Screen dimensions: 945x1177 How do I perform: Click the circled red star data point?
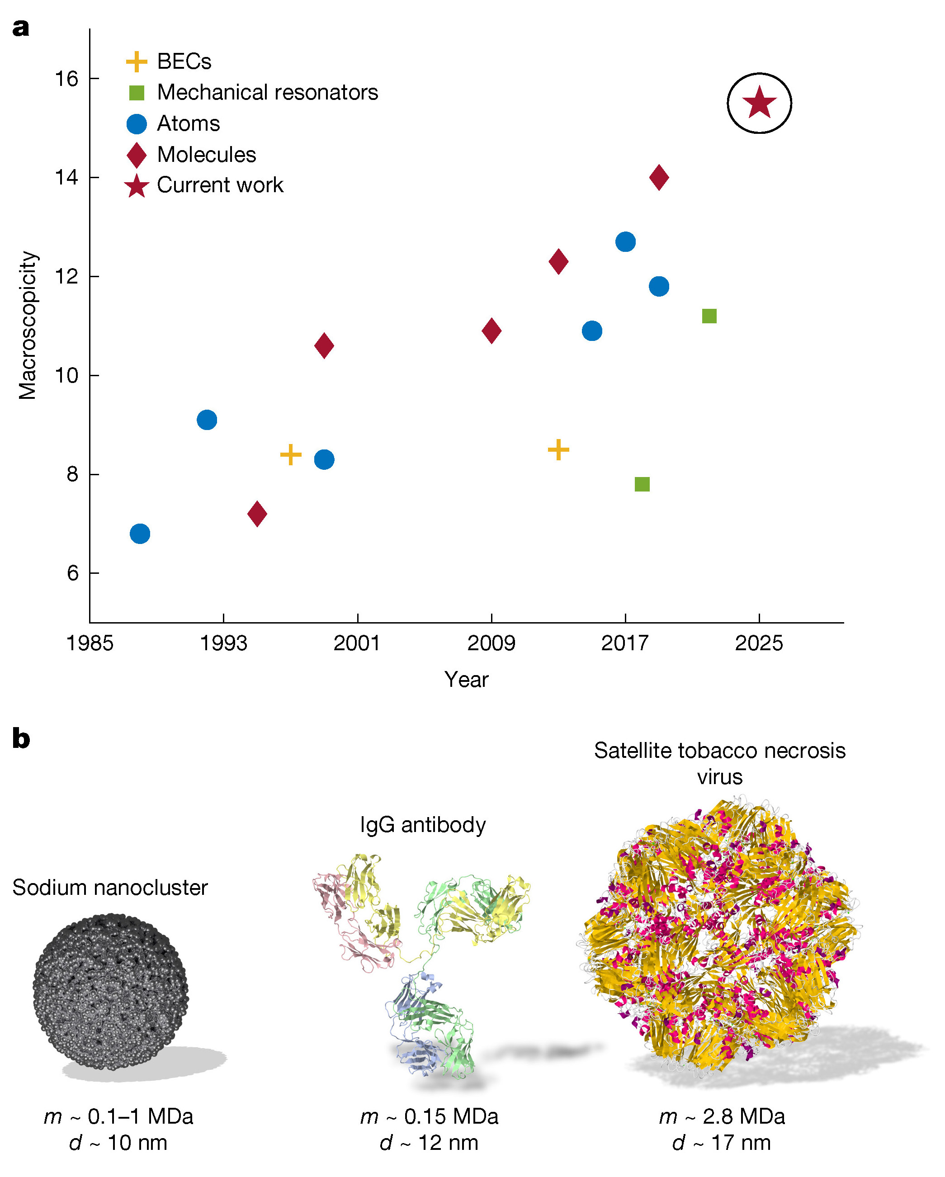click(759, 103)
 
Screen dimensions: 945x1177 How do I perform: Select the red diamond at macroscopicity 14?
click(659, 177)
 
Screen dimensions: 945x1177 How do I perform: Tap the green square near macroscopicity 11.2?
click(709, 316)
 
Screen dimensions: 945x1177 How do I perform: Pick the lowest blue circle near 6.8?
click(140, 534)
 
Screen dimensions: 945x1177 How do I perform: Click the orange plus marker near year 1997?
click(290, 454)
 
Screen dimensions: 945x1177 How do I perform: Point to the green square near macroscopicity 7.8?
click(642, 484)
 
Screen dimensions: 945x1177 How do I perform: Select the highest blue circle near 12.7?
click(625, 241)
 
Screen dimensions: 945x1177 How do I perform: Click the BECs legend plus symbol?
click(137, 61)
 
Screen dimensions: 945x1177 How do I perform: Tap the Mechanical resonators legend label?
click(268, 92)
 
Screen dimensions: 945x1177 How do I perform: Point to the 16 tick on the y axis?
click(66, 79)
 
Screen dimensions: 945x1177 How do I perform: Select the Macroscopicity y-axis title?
click(27, 326)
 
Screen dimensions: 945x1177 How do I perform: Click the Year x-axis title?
click(466, 680)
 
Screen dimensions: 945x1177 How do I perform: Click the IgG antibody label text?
click(423, 824)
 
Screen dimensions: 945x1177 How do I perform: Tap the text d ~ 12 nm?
click(429, 1143)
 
